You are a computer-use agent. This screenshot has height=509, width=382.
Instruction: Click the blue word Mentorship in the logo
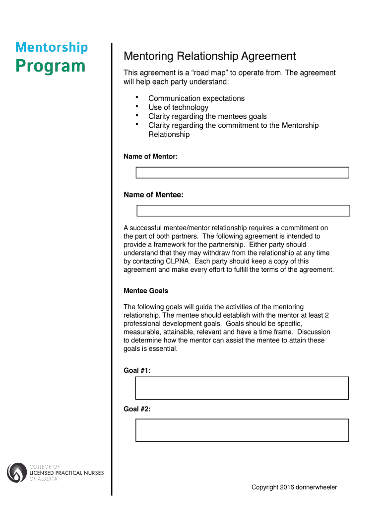[x=52, y=48]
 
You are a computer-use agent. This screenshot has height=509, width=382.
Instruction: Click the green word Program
[x=51, y=66]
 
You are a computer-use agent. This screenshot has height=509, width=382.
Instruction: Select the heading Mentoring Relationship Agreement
[x=209, y=56]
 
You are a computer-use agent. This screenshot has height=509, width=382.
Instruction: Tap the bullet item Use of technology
[x=178, y=107]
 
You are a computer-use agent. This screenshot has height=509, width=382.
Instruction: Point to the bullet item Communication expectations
[x=196, y=98]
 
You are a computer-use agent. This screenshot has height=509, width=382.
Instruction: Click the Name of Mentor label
[x=150, y=157]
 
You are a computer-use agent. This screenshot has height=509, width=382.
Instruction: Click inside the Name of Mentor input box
[x=242, y=172]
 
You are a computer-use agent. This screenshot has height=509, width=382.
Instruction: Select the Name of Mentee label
[x=153, y=195]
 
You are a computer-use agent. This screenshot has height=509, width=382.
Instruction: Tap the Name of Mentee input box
[x=243, y=211]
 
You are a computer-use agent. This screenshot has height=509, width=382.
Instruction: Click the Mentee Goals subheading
[x=145, y=291]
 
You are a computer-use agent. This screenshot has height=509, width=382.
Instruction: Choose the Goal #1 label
[x=137, y=370]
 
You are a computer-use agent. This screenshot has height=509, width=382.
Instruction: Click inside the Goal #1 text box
[x=242, y=388]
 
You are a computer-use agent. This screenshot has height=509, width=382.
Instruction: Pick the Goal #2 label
[x=137, y=409]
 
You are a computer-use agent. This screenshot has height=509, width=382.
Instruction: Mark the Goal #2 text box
[x=242, y=430]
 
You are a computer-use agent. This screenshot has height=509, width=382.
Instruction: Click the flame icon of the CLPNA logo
[x=17, y=473]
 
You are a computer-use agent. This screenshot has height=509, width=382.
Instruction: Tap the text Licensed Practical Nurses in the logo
[x=67, y=473]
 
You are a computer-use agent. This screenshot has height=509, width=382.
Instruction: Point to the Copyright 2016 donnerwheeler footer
[x=294, y=487]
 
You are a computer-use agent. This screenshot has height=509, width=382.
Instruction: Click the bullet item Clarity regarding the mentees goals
[x=207, y=116]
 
